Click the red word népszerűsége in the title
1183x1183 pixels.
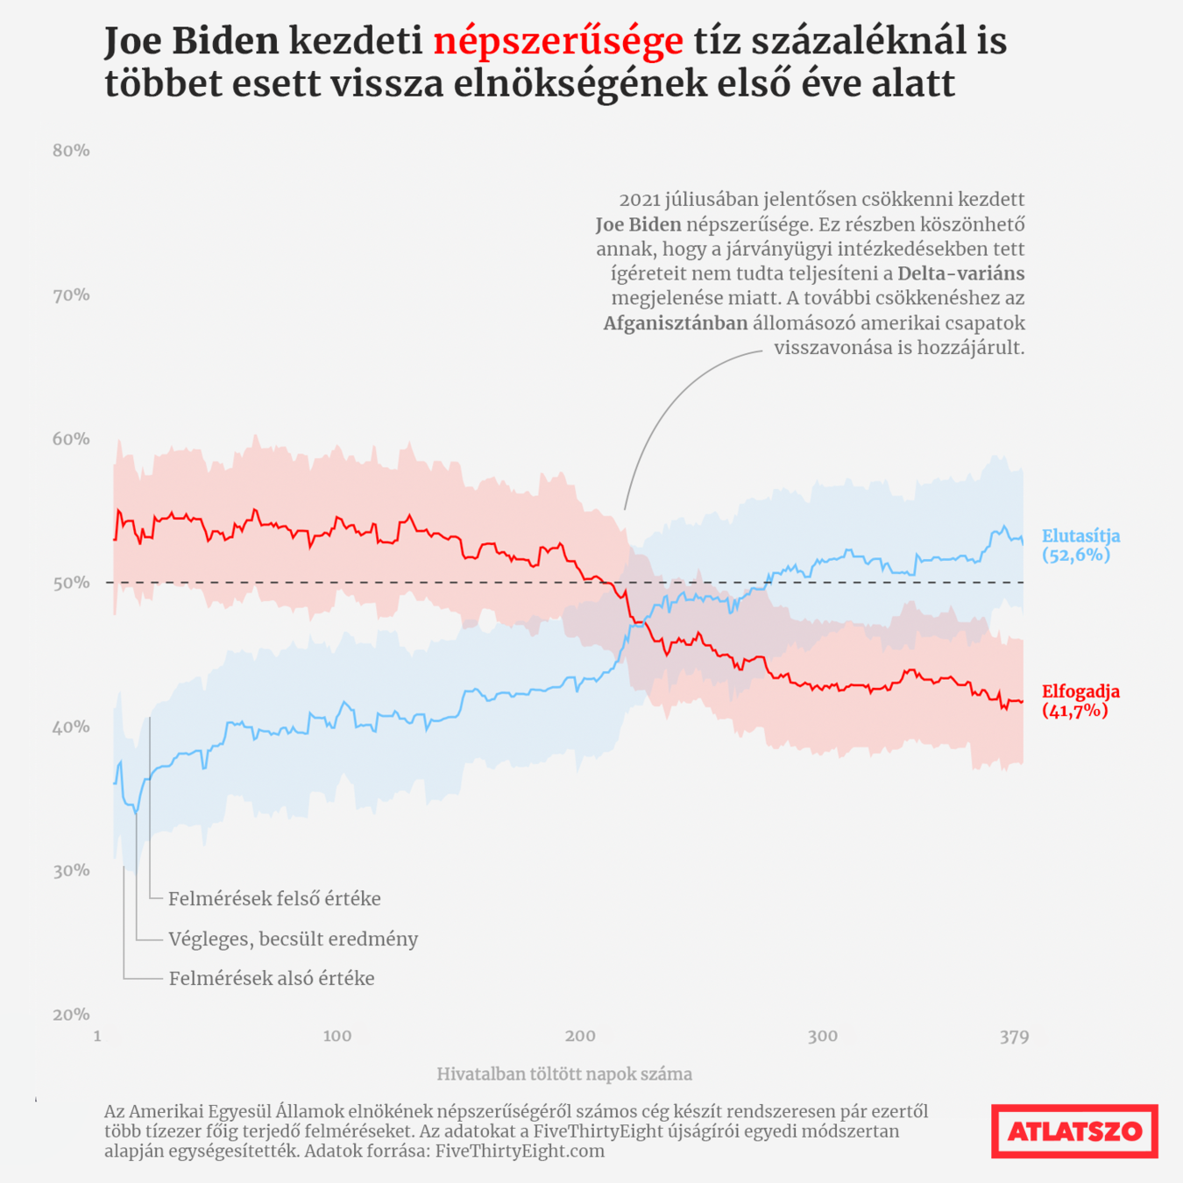[x=558, y=42]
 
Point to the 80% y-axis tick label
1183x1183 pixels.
[x=71, y=151]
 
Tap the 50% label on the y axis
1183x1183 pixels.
[x=71, y=583]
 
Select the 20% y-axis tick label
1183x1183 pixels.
[x=71, y=1015]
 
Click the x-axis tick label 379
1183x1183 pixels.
[x=1014, y=1038]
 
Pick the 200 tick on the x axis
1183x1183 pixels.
[x=580, y=1037]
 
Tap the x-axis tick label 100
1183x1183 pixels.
[x=337, y=1037]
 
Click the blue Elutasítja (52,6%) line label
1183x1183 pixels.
[x=1080, y=545]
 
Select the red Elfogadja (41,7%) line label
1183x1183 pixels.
[x=1080, y=701]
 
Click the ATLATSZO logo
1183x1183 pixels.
[x=1074, y=1131]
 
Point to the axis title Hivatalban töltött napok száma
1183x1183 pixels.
[x=564, y=1074]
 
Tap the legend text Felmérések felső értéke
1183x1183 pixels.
[x=274, y=899]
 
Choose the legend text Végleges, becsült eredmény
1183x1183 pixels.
[x=293, y=939]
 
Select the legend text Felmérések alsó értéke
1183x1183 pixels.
[x=272, y=979]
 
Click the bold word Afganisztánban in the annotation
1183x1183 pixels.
[x=676, y=323]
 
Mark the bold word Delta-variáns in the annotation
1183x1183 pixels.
[x=960, y=274]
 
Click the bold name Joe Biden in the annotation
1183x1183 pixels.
[x=638, y=225]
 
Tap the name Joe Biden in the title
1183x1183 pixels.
[x=192, y=42]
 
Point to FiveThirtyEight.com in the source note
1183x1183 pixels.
[x=520, y=1151]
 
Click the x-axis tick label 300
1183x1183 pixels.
[x=822, y=1037]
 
